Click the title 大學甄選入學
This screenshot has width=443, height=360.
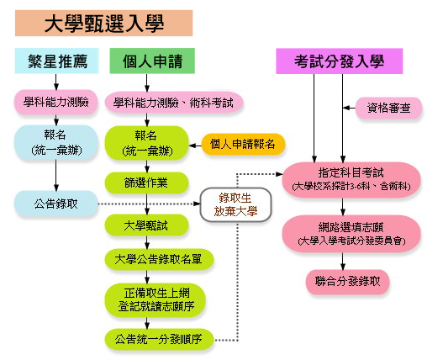coord(103,24)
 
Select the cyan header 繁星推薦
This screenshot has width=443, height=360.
coord(57,61)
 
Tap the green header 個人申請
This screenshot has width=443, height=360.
coord(152,61)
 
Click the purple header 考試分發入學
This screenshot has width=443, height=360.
coord(339,61)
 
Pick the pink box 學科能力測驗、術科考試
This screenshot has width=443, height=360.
coord(174,103)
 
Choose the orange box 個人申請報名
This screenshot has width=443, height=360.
coord(243,144)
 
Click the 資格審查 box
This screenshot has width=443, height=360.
coord(388,108)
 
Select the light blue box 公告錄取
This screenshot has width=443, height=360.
coord(56,204)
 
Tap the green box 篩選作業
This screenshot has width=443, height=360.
coord(146,183)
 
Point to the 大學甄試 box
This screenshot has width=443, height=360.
coord(146,225)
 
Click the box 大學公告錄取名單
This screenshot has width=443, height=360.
coord(159,259)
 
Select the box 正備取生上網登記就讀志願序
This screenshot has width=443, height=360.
coord(156,300)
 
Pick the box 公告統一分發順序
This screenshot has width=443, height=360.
coord(159,339)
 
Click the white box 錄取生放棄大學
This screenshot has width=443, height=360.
coord(235,204)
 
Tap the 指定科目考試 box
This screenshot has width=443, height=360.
coord(351,179)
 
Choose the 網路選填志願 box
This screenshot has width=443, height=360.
coord(351,234)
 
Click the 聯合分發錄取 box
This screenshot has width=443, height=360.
coord(347,282)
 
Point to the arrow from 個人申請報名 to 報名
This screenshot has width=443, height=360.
coord(195,146)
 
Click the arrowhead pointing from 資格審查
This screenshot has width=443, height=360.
coord(345,108)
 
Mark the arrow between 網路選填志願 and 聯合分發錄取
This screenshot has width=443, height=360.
coord(343,261)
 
